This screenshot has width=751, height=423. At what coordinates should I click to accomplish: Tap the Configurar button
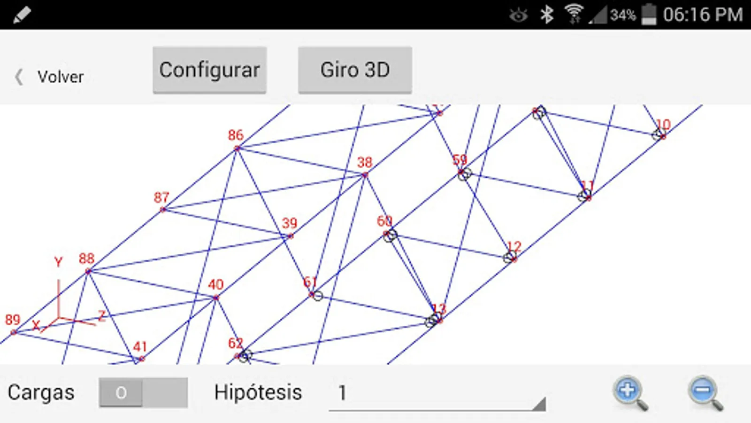click(209, 70)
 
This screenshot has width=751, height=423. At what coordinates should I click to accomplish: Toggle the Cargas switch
click(143, 392)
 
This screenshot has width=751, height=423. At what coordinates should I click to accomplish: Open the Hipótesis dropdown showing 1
click(437, 393)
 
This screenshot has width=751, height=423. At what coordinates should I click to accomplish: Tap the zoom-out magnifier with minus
click(705, 392)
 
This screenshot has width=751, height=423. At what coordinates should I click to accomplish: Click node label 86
click(236, 135)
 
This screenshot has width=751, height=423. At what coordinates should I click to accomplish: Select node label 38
click(365, 163)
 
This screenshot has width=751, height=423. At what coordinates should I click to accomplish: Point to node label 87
click(161, 197)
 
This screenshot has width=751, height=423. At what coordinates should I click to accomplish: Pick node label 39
click(290, 223)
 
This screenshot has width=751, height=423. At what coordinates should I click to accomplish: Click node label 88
click(86, 258)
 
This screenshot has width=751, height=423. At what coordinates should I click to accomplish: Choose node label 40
click(216, 284)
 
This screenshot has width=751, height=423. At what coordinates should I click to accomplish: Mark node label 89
click(13, 320)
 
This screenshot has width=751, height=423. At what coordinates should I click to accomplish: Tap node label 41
click(140, 347)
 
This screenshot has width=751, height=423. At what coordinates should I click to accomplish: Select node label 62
click(236, 343)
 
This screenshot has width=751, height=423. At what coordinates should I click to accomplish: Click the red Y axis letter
click(58, 262)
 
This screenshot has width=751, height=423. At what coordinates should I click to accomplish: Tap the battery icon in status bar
click(649, 14)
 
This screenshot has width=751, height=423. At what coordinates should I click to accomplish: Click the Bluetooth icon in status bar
click(546, 15)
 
